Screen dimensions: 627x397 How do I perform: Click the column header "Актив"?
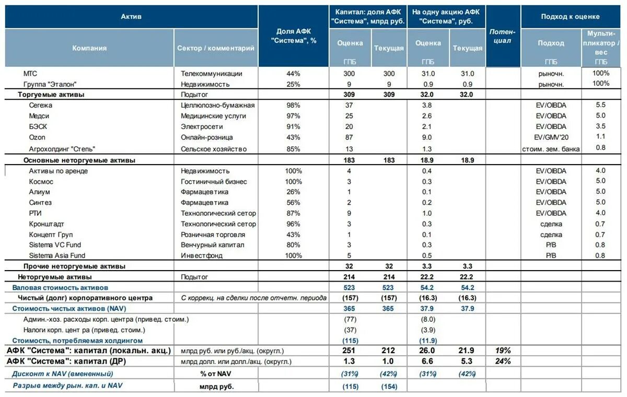coord(131,17)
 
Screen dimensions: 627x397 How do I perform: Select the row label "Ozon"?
coord(37,137)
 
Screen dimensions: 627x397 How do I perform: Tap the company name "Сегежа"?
coord(41,105)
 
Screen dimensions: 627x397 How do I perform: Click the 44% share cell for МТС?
coord(293,74)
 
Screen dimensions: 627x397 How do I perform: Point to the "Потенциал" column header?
coord(503,36)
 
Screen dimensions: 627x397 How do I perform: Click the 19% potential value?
coord(503,351)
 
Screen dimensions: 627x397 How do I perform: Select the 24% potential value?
coord(503,361)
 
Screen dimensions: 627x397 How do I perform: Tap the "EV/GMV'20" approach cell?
coord(551,137)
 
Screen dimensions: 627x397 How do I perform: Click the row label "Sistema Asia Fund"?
coord(57,255)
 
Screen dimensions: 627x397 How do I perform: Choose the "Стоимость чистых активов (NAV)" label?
coord(69,309)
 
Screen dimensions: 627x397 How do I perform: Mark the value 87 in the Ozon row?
coord(349,137)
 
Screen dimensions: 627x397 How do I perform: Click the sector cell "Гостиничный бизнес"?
coord(214,182)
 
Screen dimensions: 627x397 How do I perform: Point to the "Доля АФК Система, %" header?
coord(293,36)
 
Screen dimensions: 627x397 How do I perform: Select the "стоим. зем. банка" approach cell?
coord(551,149)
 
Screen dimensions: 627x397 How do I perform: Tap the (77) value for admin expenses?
coord(350,319)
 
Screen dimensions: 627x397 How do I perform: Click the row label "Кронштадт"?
coord(47,224)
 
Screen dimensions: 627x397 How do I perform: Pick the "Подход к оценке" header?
coord(570,17)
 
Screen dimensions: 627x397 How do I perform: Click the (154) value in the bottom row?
coord(389,387)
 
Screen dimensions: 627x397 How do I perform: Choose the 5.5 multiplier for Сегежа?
coord(600,105)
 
